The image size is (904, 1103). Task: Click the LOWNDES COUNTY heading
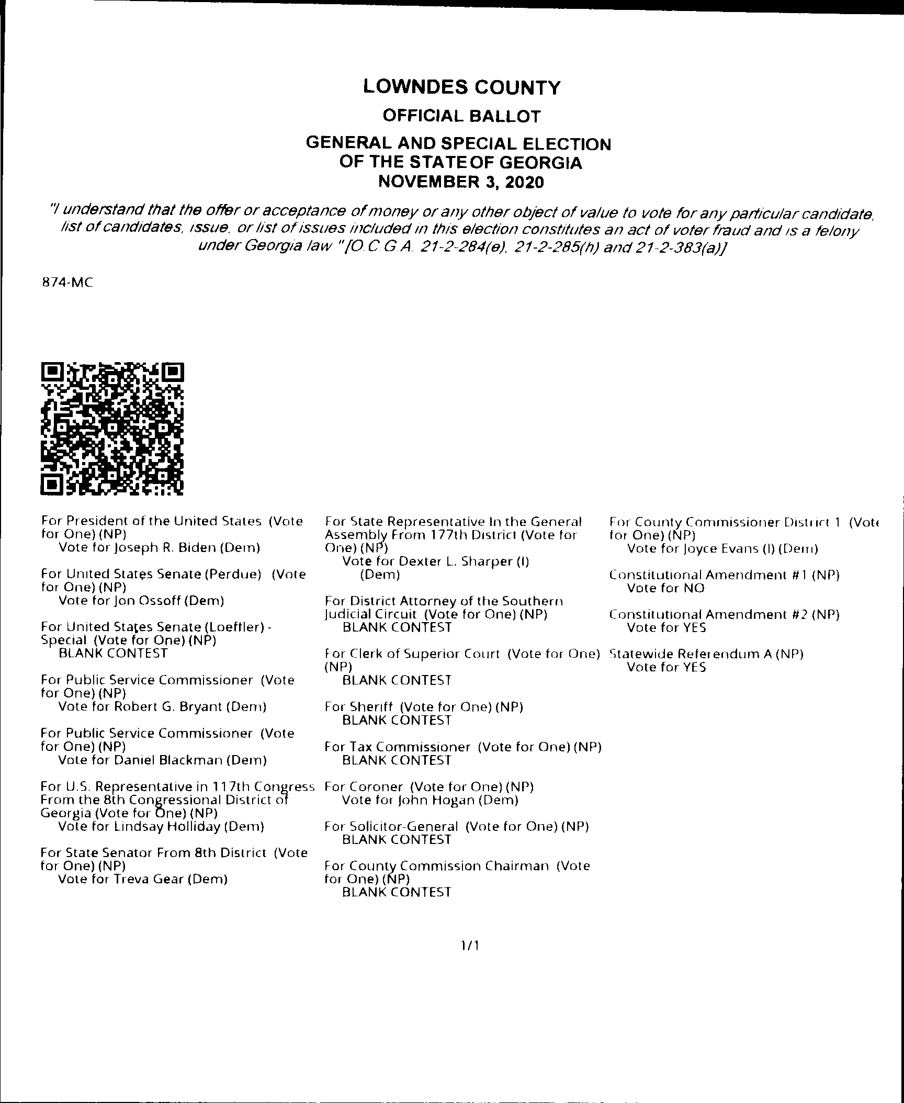click(461, 87)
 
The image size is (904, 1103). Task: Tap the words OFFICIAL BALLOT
click(461, 116)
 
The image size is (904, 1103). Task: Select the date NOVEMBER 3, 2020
click(461, 182)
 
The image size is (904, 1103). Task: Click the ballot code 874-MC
click(67, 283)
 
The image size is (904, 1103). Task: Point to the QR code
click(112, 429)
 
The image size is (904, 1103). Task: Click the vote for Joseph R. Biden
click(159, 548)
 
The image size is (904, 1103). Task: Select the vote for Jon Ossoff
click(141, 601)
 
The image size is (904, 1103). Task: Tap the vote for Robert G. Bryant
click(162, 707)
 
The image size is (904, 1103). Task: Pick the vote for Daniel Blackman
click(162, 760)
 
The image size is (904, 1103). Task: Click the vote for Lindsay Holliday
click(161, 827)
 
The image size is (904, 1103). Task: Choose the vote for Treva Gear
click(143, 879)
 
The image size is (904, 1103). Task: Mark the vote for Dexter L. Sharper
click(435, 562)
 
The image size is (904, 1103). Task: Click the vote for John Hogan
click(430, 800)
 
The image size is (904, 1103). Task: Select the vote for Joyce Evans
click(722, 549)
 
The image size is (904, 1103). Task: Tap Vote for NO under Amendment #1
click(665, 588)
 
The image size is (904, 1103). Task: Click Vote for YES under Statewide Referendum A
click(666, 667)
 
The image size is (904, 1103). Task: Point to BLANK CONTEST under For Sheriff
click(397, 721)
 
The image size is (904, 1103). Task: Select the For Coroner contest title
click(429, 787)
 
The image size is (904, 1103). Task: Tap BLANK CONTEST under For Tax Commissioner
click(397, 760)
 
